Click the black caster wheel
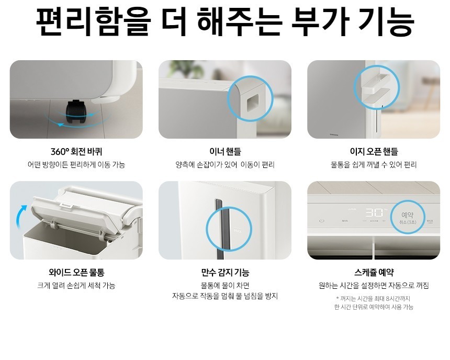(75, 113)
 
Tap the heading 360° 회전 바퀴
(76, 152)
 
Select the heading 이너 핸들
(225, 152)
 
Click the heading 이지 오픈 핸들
(374, 152)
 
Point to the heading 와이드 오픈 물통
(76, 272)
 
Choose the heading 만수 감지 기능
(225, 272)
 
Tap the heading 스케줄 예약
(374, 272)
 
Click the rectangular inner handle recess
(253, 103)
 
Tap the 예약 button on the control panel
(407, 215)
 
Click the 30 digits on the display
(374, 213)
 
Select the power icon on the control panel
(322, 221)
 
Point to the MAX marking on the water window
(238, 231)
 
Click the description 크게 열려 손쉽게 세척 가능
(76, 286)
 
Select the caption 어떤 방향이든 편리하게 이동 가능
(76, 165)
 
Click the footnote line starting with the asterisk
(373, 299)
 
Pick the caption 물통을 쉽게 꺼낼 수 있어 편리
(374, 165)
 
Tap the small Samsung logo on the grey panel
(334, 134)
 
